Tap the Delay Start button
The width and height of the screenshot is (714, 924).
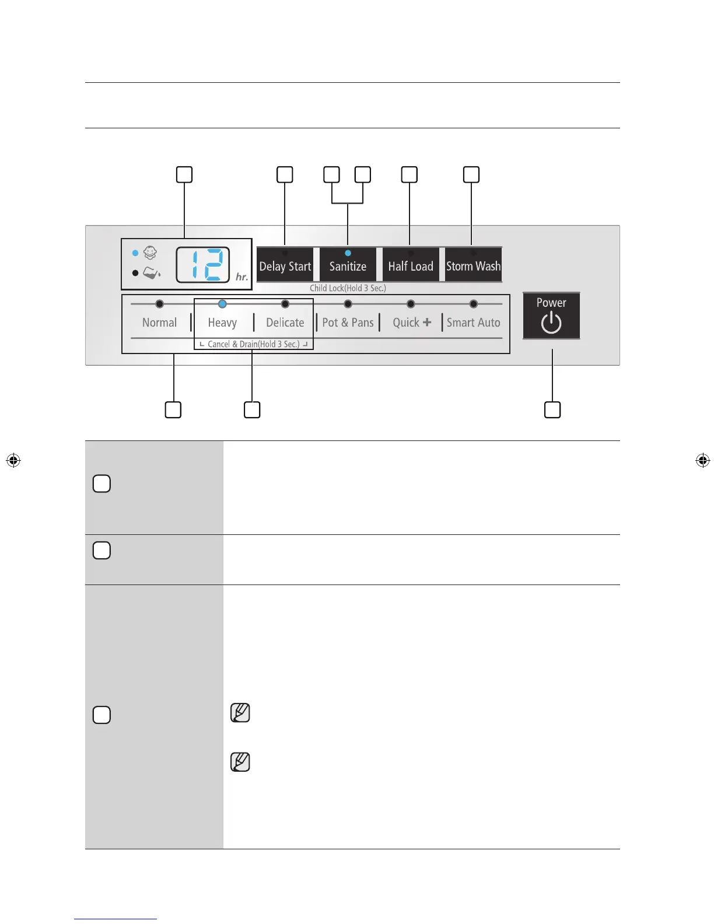pos(285,266)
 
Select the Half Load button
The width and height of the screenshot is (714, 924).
pos(411,266)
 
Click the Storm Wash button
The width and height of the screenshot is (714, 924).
pos(473,266)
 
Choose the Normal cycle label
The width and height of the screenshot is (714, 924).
pos(159,323)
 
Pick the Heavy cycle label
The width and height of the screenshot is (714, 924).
pos(222,323)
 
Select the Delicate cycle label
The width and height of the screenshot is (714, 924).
pos(285,323)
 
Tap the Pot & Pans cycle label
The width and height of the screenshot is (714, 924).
pos(348,323)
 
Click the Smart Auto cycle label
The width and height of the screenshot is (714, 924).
pos(473,323)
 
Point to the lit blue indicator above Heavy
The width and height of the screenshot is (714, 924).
pos(222,304)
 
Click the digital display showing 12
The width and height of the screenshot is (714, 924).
pos(203,265)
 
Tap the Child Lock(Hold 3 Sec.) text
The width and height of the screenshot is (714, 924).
pos(348,288)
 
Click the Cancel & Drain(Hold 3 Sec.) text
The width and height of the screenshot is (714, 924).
pos(253,344)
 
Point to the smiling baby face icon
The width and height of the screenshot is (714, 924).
pos(150,253)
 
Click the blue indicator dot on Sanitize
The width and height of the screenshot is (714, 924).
pos(348,253)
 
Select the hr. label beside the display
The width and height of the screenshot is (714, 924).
pos(242,277)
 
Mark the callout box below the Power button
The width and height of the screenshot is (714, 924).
pos(552,409)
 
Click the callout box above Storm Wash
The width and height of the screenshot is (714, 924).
pos(471,174)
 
